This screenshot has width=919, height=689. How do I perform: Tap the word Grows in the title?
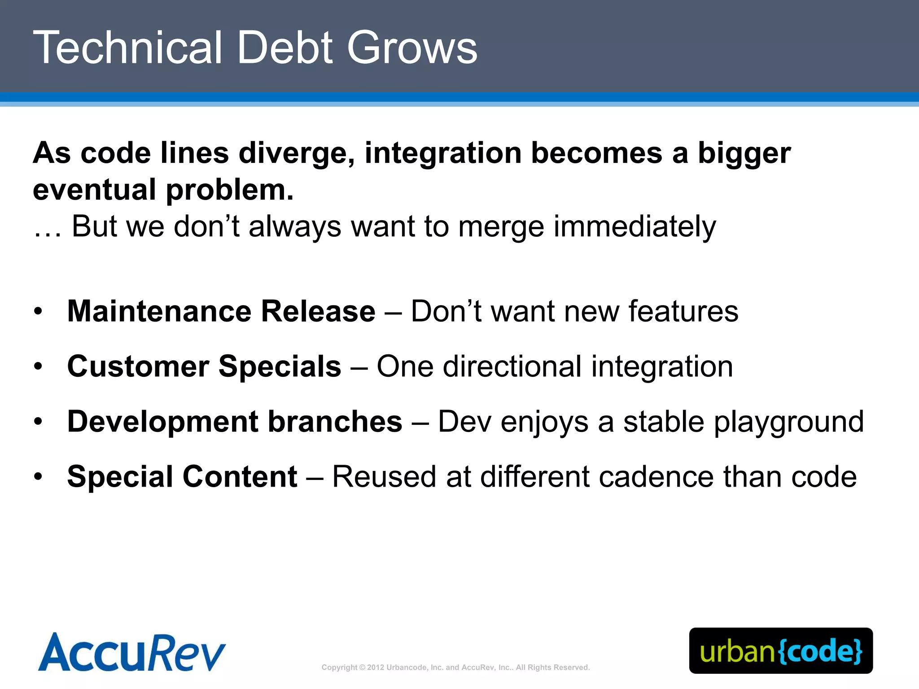click(x=412, y=48)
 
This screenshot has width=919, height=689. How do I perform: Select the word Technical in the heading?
click(x=127, y=48)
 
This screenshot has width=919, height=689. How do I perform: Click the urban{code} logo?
click(x=781, y=651)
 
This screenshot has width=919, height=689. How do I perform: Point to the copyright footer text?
click(x=455, y=667)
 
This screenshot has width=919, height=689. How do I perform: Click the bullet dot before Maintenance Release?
click(x=38, y=311)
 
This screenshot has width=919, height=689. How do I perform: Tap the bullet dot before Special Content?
click(x=38, y=476)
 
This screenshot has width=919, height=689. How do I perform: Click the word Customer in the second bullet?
click(x=138, y=366)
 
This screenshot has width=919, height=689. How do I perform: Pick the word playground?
click(x=788, y=423)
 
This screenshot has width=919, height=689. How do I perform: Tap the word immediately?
click(x=635, y=227)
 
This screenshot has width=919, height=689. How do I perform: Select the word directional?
click(x=512, y=366)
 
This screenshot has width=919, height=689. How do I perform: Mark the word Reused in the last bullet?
click(x=384, y=476)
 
